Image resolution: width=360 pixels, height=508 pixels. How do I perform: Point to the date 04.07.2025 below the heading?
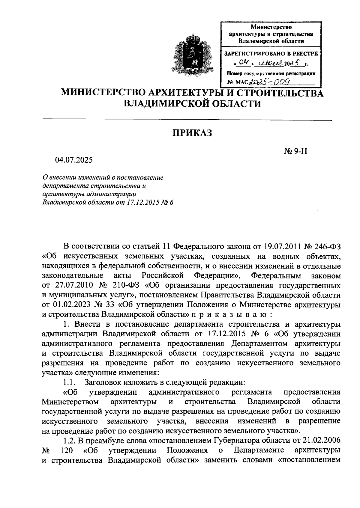(74, 160)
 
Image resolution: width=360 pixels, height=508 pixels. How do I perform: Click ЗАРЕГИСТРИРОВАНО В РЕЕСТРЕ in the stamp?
(271, 54)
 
